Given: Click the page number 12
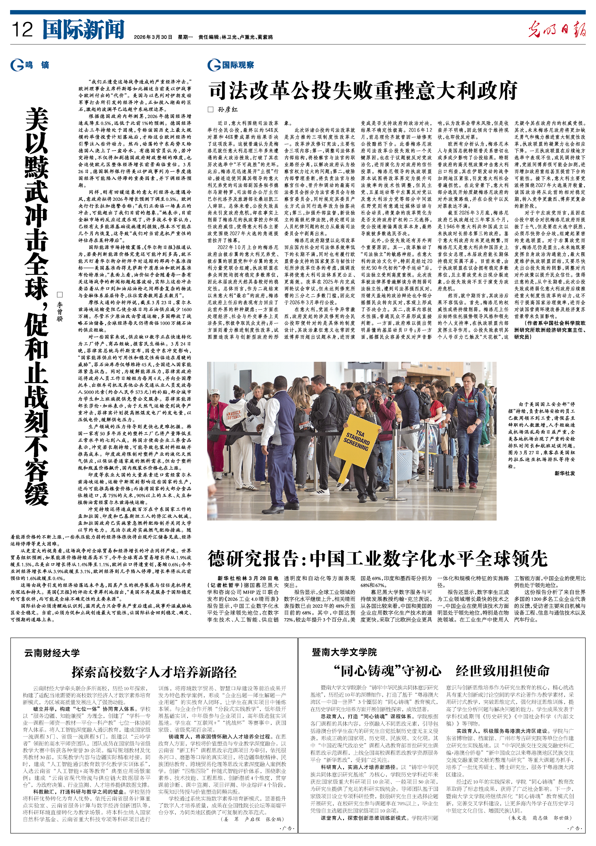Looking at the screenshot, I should (x=22, y=29).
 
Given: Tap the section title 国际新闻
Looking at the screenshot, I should (x=84, y=29).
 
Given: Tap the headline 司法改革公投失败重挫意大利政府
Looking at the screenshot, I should (x=363, y=90).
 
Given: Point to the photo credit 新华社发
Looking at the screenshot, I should (x=565, y=473).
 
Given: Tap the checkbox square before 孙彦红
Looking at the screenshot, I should (x=211, y=109).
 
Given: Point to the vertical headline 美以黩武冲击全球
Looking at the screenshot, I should (x=37, y=203).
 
